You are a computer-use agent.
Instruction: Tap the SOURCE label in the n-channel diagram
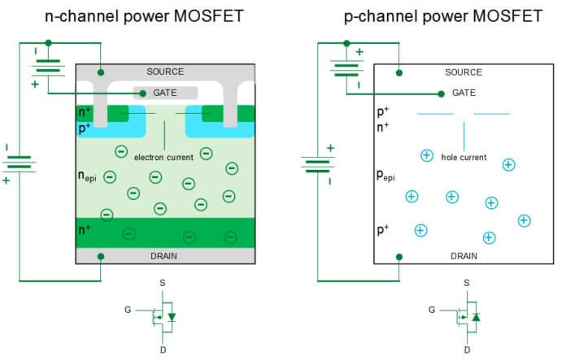pos(165,72)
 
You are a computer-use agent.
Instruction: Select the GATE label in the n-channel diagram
pos(165,93)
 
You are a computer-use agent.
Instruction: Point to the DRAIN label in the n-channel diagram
pos(165,256)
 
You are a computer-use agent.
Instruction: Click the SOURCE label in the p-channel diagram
pos(464,72)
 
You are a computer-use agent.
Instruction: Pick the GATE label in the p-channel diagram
pos(464,93)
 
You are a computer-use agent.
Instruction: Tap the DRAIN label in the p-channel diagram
pos(464,256)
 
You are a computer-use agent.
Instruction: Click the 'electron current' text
pos(163,157)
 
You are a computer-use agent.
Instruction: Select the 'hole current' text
pos(464,157)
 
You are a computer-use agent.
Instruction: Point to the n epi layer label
pos(88,176)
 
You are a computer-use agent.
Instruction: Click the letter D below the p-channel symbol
pos(466,349)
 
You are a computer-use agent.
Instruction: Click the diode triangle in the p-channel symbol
pos(476,315)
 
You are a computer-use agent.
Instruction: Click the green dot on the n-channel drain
pos(100,257)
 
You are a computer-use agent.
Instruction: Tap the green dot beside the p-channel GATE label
pos(440,93)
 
